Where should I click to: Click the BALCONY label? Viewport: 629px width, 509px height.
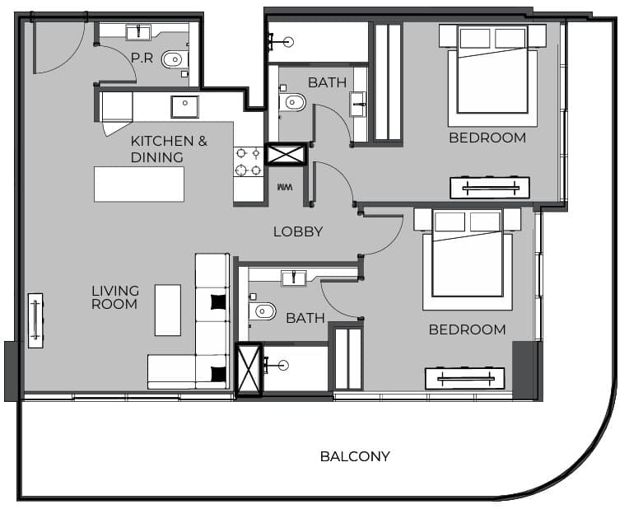[x=355, y=456]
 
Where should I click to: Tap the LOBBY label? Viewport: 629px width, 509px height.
[x=298, y=231]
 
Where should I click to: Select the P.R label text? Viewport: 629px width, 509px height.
[x=142, y=58]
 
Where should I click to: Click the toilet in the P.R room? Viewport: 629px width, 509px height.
[x=175, y=60]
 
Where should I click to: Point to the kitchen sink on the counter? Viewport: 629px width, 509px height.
[x=185, y=107]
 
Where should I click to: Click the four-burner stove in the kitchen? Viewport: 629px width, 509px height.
[x=249, y=161]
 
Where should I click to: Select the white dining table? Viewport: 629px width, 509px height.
[x=139, y=184]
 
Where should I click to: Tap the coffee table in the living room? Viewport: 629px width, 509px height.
[x=168, y=310]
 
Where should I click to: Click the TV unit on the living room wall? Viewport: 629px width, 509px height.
[x=35, y=320]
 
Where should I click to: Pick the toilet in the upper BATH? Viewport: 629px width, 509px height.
[x=293, y=102]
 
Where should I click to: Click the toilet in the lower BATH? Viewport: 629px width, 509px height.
[x=263, y=311]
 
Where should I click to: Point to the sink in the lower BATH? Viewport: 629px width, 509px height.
[x=294, y=278]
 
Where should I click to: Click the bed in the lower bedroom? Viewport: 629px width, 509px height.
[x=468, y=259]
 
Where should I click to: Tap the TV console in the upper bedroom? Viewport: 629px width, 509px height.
[x=490, y=188]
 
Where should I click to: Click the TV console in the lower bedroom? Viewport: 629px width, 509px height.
[x=465, y=378]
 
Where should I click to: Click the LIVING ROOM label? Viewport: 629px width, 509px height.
[x=115, y=297]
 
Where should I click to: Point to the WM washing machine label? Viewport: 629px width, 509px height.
[x=285, y=187]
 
